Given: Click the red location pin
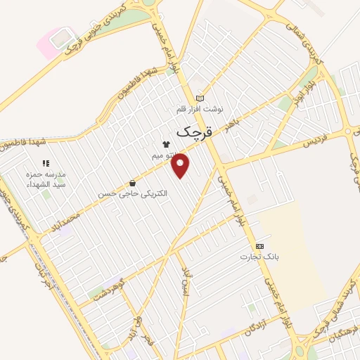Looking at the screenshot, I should coord(181,165).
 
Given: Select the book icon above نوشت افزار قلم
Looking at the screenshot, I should coord(200,98).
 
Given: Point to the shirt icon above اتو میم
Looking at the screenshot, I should coord(166,143).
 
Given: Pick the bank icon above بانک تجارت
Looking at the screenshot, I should coord(260,246).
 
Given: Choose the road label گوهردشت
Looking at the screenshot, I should coord(108,293).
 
